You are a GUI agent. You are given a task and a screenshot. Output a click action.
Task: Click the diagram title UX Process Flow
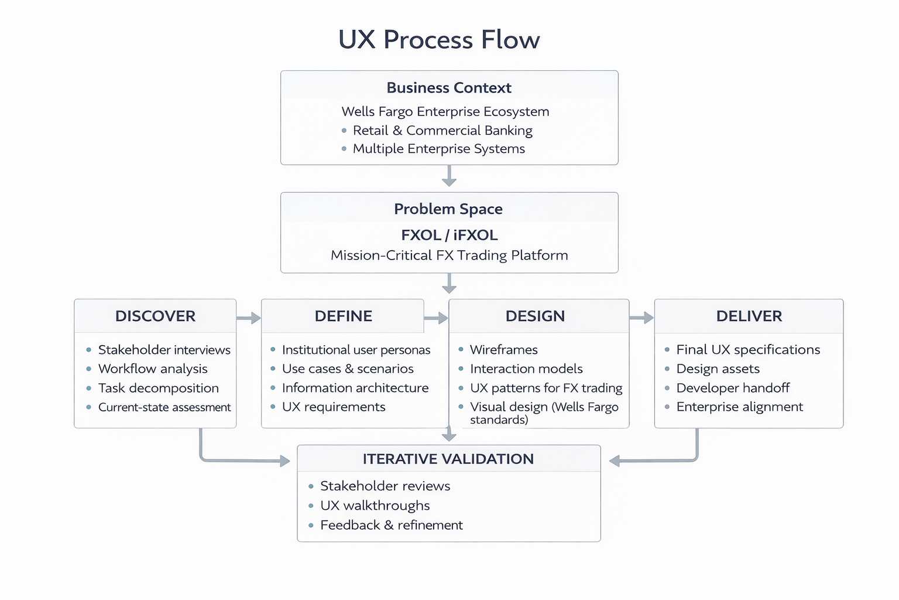439,40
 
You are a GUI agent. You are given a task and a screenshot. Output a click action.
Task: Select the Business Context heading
449,88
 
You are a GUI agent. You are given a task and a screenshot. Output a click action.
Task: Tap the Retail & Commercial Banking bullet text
442,130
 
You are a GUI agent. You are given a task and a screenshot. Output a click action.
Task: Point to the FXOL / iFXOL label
449,235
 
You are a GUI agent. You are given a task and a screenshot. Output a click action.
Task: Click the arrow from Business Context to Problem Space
449,176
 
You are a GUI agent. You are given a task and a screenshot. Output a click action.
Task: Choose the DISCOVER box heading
155,316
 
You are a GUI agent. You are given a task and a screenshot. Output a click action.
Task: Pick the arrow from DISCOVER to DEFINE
249,318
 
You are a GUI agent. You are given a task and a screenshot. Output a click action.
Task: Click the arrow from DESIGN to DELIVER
641,318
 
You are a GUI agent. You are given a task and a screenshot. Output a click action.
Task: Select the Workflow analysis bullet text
153,369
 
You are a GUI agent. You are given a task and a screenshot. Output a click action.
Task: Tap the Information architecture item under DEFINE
355,388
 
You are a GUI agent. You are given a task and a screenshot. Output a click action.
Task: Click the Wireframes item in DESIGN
503,350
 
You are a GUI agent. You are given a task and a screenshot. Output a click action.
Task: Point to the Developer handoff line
733,388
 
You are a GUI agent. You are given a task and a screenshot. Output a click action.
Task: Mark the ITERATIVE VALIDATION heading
448,459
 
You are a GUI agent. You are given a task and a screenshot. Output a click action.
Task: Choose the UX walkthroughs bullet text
375,506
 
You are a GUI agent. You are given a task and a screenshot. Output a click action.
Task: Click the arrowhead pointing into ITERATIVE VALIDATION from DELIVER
615,461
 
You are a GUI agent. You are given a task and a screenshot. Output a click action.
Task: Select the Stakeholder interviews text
164,350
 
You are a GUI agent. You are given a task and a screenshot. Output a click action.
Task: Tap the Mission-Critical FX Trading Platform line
449,255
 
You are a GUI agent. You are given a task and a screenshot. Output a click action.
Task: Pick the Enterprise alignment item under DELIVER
739,407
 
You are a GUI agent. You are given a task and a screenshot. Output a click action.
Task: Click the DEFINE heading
343,316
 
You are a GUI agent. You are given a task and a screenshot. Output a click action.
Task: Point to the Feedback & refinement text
391,525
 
